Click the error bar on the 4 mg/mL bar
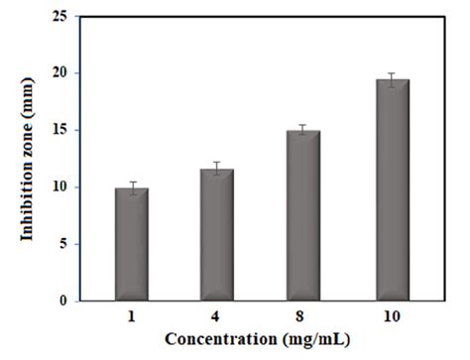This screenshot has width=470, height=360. (x=216, y=169)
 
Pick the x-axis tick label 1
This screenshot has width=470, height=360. (x=131, y=316)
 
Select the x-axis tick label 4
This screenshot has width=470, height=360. (x=216, y=316)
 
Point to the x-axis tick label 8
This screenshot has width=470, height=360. (x=301, y=316)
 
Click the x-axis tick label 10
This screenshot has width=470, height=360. (x=386, y=316)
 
